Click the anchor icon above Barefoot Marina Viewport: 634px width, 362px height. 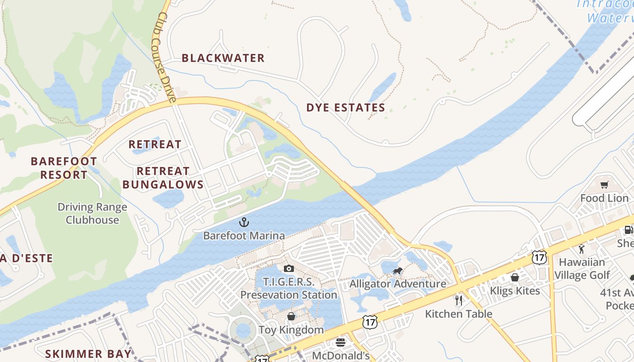pyautogui.click(x=244, y=222)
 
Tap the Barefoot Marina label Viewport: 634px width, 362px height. pyautogui.click(x=244, y=236)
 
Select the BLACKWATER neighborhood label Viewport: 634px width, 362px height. pyautogui.click(x=223, y=58)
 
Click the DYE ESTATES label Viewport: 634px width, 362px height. pyautogui.click(x=346, y=108)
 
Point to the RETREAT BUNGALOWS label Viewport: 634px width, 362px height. pyautogui.click(x=163, y=178)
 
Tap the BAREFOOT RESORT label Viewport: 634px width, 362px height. pyautogui.click(x=63, y=168)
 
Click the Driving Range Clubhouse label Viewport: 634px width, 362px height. pyautogui.click(x=92, y=214)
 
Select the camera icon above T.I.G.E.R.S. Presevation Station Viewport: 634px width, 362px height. pyautogui.click(x=289, y=269)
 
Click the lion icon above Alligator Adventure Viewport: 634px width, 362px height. pyautogui.click(x=398, y=271)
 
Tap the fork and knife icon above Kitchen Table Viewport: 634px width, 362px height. pyautogui.click(x=459, y=300)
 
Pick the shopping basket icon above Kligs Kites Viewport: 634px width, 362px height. pyautogui.click(x=515, y=277)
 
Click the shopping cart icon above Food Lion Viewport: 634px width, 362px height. pyautogui.click(x=604, y=185)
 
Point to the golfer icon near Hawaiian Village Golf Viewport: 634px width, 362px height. pyautogui.click(x=582, y=248)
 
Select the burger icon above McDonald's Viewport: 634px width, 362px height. pyautogui.click(x=341, y=343)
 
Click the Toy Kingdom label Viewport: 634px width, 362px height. pyautogui.click(x=291, y=330)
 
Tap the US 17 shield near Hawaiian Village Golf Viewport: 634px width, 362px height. pyautogui.click(x=539, y=257)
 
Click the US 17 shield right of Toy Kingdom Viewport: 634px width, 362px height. pyautogui.click(x=370, y=322)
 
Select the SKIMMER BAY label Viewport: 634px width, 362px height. pyautogui.click(x=88, y=354)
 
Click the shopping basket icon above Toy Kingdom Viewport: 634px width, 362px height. pyautogui.click(x=291, y=316)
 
